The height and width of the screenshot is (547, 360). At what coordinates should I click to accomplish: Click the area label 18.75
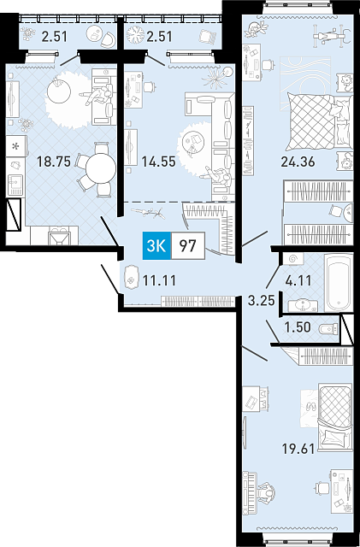54,162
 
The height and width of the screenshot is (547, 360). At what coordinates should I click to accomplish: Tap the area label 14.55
158,162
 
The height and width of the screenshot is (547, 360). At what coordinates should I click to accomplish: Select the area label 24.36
298,162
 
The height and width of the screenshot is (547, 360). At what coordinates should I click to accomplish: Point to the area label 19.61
298,448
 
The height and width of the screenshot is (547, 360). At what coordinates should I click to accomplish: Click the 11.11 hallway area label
160,279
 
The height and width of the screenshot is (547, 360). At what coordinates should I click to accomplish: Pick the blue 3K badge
156,245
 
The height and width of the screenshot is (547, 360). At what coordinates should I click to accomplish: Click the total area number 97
187,245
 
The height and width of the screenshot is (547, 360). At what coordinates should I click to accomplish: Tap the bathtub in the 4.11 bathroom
338,283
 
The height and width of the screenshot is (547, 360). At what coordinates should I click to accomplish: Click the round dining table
101,168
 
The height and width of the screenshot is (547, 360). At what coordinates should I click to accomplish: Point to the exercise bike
330,35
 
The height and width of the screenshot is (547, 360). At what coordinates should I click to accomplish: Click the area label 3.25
261,300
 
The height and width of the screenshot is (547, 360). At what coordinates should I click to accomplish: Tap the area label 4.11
298,280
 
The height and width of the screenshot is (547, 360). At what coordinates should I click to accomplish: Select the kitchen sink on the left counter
15,185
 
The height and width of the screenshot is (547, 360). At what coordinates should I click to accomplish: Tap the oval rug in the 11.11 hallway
131,279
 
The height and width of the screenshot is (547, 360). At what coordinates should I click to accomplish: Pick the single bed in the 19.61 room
335,419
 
